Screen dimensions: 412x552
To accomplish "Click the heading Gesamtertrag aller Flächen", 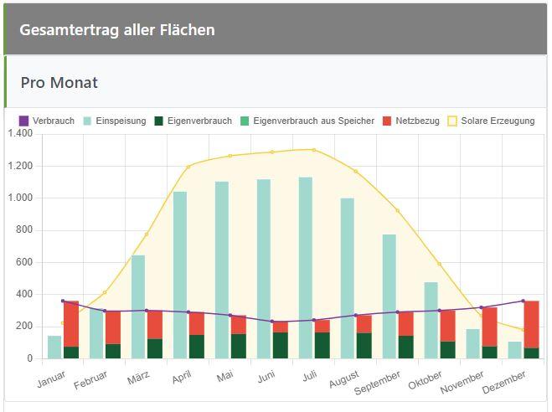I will click(x=117, y=30).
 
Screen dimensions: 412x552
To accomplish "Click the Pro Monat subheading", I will click(x=59, y=83).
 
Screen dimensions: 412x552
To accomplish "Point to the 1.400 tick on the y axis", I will click(x=19, y=134).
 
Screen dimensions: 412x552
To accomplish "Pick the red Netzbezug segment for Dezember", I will click(x=531, y=324).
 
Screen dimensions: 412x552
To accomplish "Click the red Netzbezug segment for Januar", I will click(x=71, y=323).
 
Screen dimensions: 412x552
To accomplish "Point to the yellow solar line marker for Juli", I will click(x=314, y=150).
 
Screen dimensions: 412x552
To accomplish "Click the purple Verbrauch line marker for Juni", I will click(x=272, y=322).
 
